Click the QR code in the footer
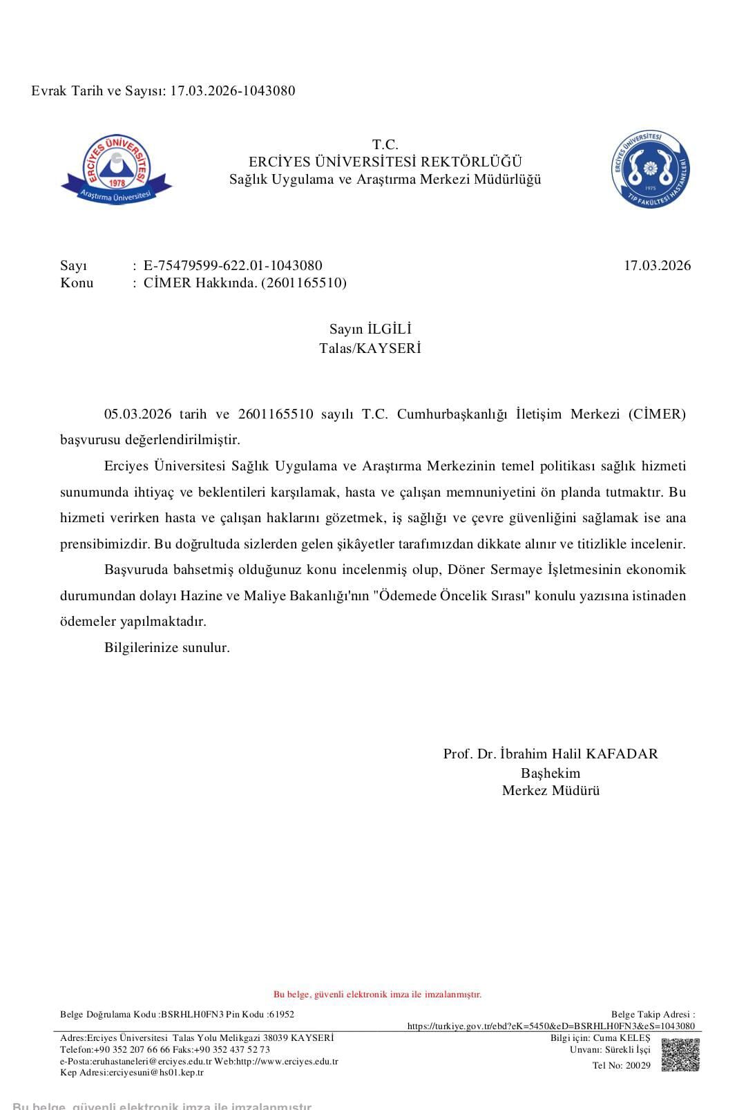680,1055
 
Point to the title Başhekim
551,773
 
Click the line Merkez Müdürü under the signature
551,791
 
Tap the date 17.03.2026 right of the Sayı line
657,266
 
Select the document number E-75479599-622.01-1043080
233,266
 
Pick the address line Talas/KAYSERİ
370,348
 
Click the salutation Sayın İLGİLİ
370,329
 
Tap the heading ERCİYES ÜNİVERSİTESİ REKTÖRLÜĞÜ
385,162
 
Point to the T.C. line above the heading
385,144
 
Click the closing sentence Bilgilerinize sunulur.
166,648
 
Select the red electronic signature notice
377,995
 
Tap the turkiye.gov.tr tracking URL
551,1026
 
